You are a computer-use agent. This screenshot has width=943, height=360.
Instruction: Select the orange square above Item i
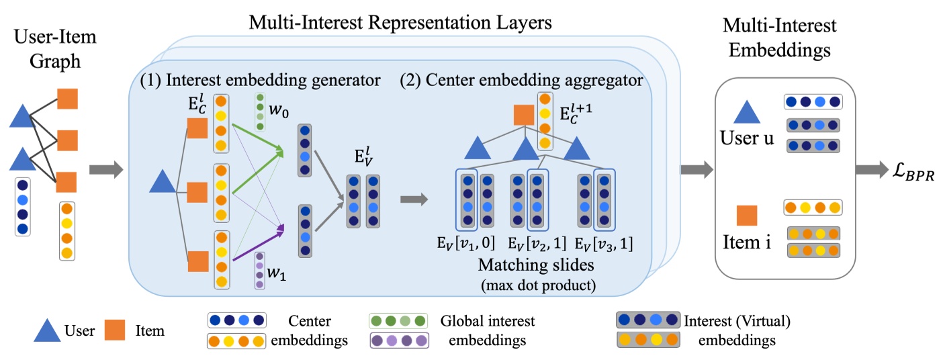coord(747,216)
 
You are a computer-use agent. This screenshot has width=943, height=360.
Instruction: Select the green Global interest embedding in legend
coord(399,320)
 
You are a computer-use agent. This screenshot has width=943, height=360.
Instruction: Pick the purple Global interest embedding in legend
coord(399,340)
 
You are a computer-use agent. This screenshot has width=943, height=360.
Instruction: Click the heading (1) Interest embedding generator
coord(261,81)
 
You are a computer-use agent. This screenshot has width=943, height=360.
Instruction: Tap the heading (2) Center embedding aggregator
coord(521,81)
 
